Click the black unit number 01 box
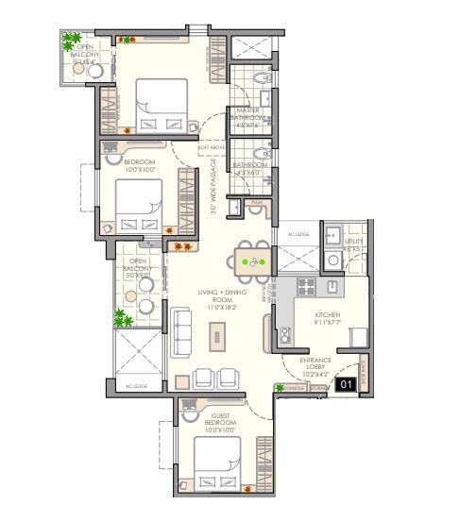(x=347, y=383)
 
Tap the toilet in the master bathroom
(x=267, y=98)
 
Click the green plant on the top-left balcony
(x=71, y=42)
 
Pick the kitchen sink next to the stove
(x=333, y=285)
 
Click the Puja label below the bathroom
(x=256, y=202)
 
